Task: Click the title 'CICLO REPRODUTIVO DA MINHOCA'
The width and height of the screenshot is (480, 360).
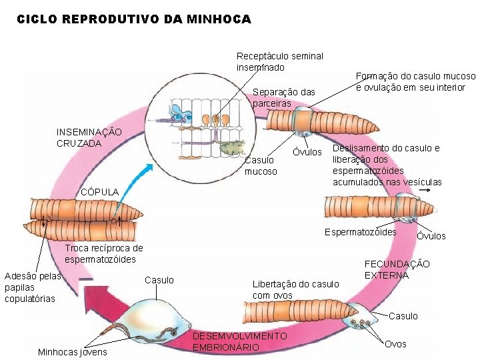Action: (133, 20)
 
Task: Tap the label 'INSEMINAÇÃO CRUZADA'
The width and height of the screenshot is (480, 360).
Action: (89, 137)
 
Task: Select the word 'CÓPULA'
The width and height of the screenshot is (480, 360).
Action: (99, 192)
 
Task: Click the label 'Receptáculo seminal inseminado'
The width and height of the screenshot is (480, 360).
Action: (279, 62)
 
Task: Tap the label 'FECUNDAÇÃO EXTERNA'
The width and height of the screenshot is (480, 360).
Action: (397, 269)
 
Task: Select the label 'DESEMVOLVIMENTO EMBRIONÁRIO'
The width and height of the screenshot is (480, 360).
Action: (239, 341)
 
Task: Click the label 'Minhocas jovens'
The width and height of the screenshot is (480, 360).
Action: (72, 352)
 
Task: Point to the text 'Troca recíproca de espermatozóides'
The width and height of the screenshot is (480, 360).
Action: (100, 254)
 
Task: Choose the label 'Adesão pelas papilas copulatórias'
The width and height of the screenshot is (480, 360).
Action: (32, 287)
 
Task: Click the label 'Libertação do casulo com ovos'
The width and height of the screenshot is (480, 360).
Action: (295, 289)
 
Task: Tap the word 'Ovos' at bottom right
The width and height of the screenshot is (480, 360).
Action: (395, 344)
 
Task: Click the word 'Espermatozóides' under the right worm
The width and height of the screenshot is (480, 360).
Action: (360, 232)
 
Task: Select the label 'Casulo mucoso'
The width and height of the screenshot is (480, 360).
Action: (260, 165)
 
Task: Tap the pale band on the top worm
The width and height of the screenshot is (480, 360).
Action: (303, 120)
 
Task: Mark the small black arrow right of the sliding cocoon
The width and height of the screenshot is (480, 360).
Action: (424, 189)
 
